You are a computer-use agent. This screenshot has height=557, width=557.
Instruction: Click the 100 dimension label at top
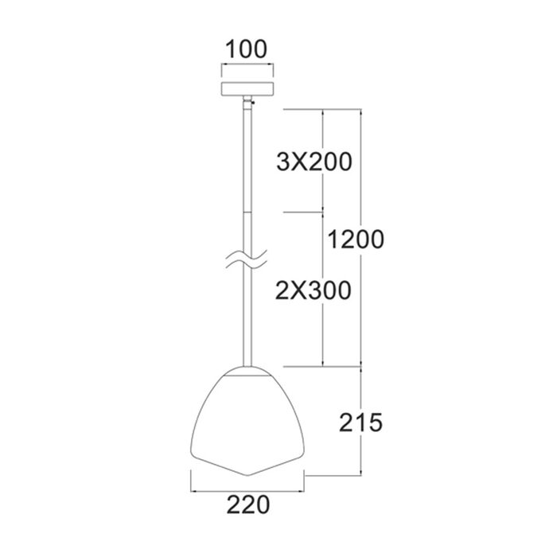pyautogui.click(x=246, y=49)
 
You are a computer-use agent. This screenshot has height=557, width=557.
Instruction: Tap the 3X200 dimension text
pyautogui.click(x=314, y=162)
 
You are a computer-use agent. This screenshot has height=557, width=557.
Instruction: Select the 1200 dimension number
pyautogui.click(x=356, y=239)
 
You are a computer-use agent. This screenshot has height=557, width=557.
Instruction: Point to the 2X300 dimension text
pyautogui.click(x=314, y=290)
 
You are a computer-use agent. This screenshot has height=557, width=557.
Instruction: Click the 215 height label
pyautogui.click(x=361, y=423)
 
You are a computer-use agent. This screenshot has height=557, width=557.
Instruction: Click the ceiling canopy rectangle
pyautogui.click(x=247, y=89)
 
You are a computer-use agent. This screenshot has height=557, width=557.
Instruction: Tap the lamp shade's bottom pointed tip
pyautogui.click(x=248, y=476)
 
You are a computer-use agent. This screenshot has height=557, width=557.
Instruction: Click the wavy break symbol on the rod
pyautogui.click(x=246, y=260)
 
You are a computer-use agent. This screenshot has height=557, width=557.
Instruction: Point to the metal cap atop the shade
pyautogui.click(x=247, y=372)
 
